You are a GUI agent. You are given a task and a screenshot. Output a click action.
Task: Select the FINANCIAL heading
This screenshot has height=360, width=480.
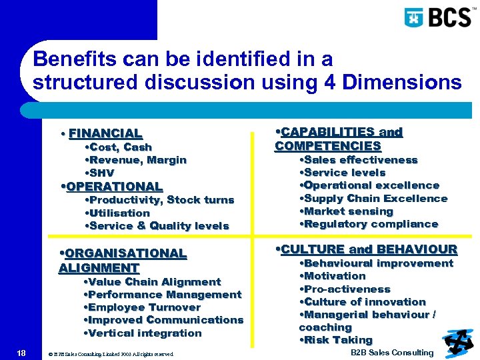tap(105, 133)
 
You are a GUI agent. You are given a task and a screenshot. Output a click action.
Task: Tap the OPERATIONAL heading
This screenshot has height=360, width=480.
tap(111, 187)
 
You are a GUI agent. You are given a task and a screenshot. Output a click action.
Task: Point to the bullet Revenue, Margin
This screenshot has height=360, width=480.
tap(136, 160)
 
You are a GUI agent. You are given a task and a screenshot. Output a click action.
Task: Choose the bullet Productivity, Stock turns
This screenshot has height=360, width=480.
tap(160, 200)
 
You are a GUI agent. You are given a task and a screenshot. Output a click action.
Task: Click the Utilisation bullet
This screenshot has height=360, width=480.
tap(118, 213)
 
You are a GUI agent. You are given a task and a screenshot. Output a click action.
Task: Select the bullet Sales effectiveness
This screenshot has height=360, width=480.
tap(359, 160)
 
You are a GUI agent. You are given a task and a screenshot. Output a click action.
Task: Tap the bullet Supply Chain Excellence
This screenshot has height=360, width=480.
tap(374, 199)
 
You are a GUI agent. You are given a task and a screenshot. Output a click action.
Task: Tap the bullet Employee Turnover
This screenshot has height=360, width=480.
tap(143, 307)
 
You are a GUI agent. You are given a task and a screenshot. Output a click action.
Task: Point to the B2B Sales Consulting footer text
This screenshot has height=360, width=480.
tap(392, 353)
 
